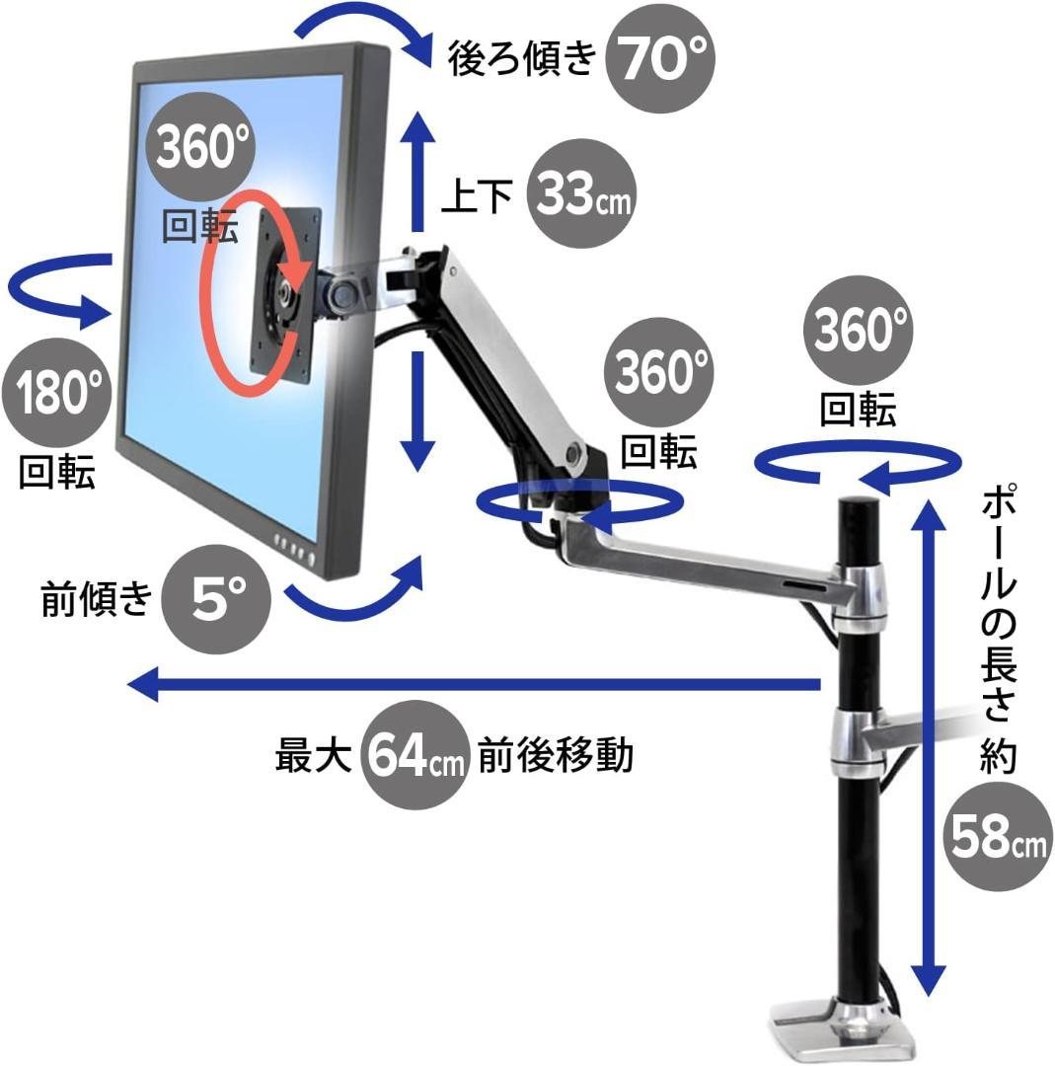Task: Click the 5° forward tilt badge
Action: [x=217, y=598]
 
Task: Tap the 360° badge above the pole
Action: [x=857, y=329]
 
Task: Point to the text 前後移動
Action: [x=556, y=757]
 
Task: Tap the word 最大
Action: [x=314, y=757]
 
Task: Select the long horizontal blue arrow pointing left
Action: [x=474, y=683]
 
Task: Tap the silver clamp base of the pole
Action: [x=844, y=1027]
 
